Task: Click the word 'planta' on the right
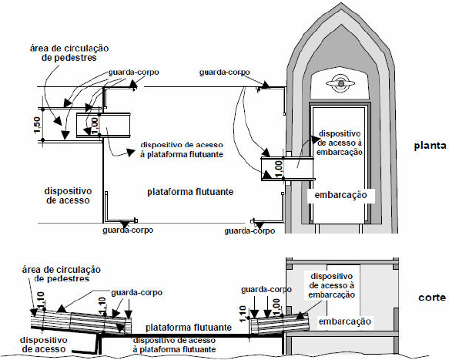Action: (430, 146)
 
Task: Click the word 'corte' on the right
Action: (432, 298)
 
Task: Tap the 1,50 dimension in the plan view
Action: (38, 125)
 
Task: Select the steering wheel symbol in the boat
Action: (340, 83)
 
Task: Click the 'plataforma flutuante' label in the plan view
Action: (190, 191)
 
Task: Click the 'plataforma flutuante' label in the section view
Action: (189, 327)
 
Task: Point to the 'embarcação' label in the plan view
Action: (340, 195)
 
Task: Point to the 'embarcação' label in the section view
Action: (345, 321)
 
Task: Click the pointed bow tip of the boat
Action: (340, 3)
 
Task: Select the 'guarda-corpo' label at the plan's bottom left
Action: (128, 230)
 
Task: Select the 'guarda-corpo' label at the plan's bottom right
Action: (250, 230)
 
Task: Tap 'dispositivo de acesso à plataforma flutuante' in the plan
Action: (182, 150)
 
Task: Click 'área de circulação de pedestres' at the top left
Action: (69, 52)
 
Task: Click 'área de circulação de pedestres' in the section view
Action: (62, 274)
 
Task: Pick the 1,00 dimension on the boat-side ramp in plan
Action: (279, 169)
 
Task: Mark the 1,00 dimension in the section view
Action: (276, 307)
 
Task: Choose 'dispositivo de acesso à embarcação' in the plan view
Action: (340, 143)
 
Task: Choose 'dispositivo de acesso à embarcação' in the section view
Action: (332, 285)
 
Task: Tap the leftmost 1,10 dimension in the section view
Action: (41, 300)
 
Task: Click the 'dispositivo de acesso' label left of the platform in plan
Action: (68, 196)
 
